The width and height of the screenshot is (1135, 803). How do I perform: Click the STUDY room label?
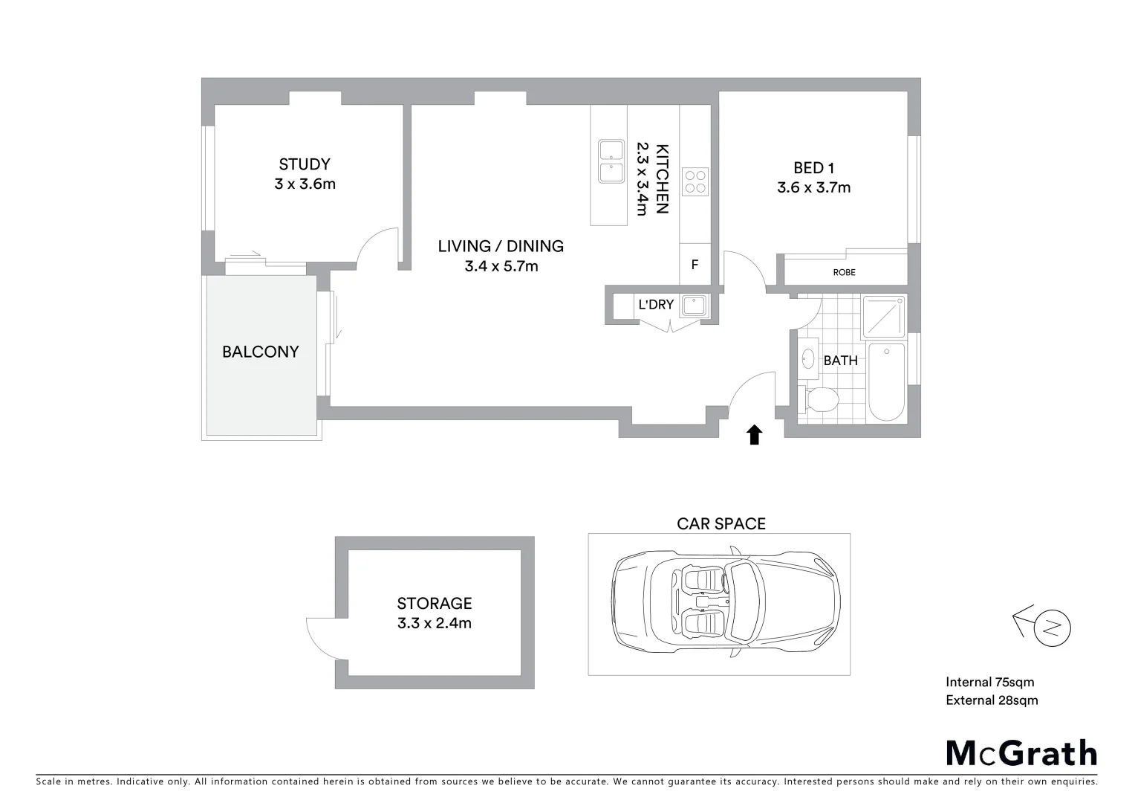(304, 164)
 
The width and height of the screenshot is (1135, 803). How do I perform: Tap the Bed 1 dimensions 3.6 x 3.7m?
(813, 188)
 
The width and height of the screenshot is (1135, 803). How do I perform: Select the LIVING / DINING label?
(500, 246)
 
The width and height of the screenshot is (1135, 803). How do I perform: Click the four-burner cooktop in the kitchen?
(695, 182)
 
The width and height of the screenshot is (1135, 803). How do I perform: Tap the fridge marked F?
(695, 265)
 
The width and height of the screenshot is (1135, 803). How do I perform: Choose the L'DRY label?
(656, 305)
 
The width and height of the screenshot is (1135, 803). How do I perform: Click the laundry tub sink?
(695, 305)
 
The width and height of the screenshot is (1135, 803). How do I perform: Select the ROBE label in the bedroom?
(844, 273)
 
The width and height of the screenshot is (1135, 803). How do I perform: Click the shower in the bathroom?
(883, 316)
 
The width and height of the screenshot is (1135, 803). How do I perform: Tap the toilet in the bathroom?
(819, 399)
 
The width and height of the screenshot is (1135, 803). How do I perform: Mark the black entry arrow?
(754, 435)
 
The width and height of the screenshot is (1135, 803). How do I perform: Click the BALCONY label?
(260, 352)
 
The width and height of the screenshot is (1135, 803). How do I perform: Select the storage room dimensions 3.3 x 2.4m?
(434, 624)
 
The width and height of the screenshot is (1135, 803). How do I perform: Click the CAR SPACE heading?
(721, 524)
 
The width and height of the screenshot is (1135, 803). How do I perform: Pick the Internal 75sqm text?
(989, 683)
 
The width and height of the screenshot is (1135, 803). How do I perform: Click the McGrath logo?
(1021, 753)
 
